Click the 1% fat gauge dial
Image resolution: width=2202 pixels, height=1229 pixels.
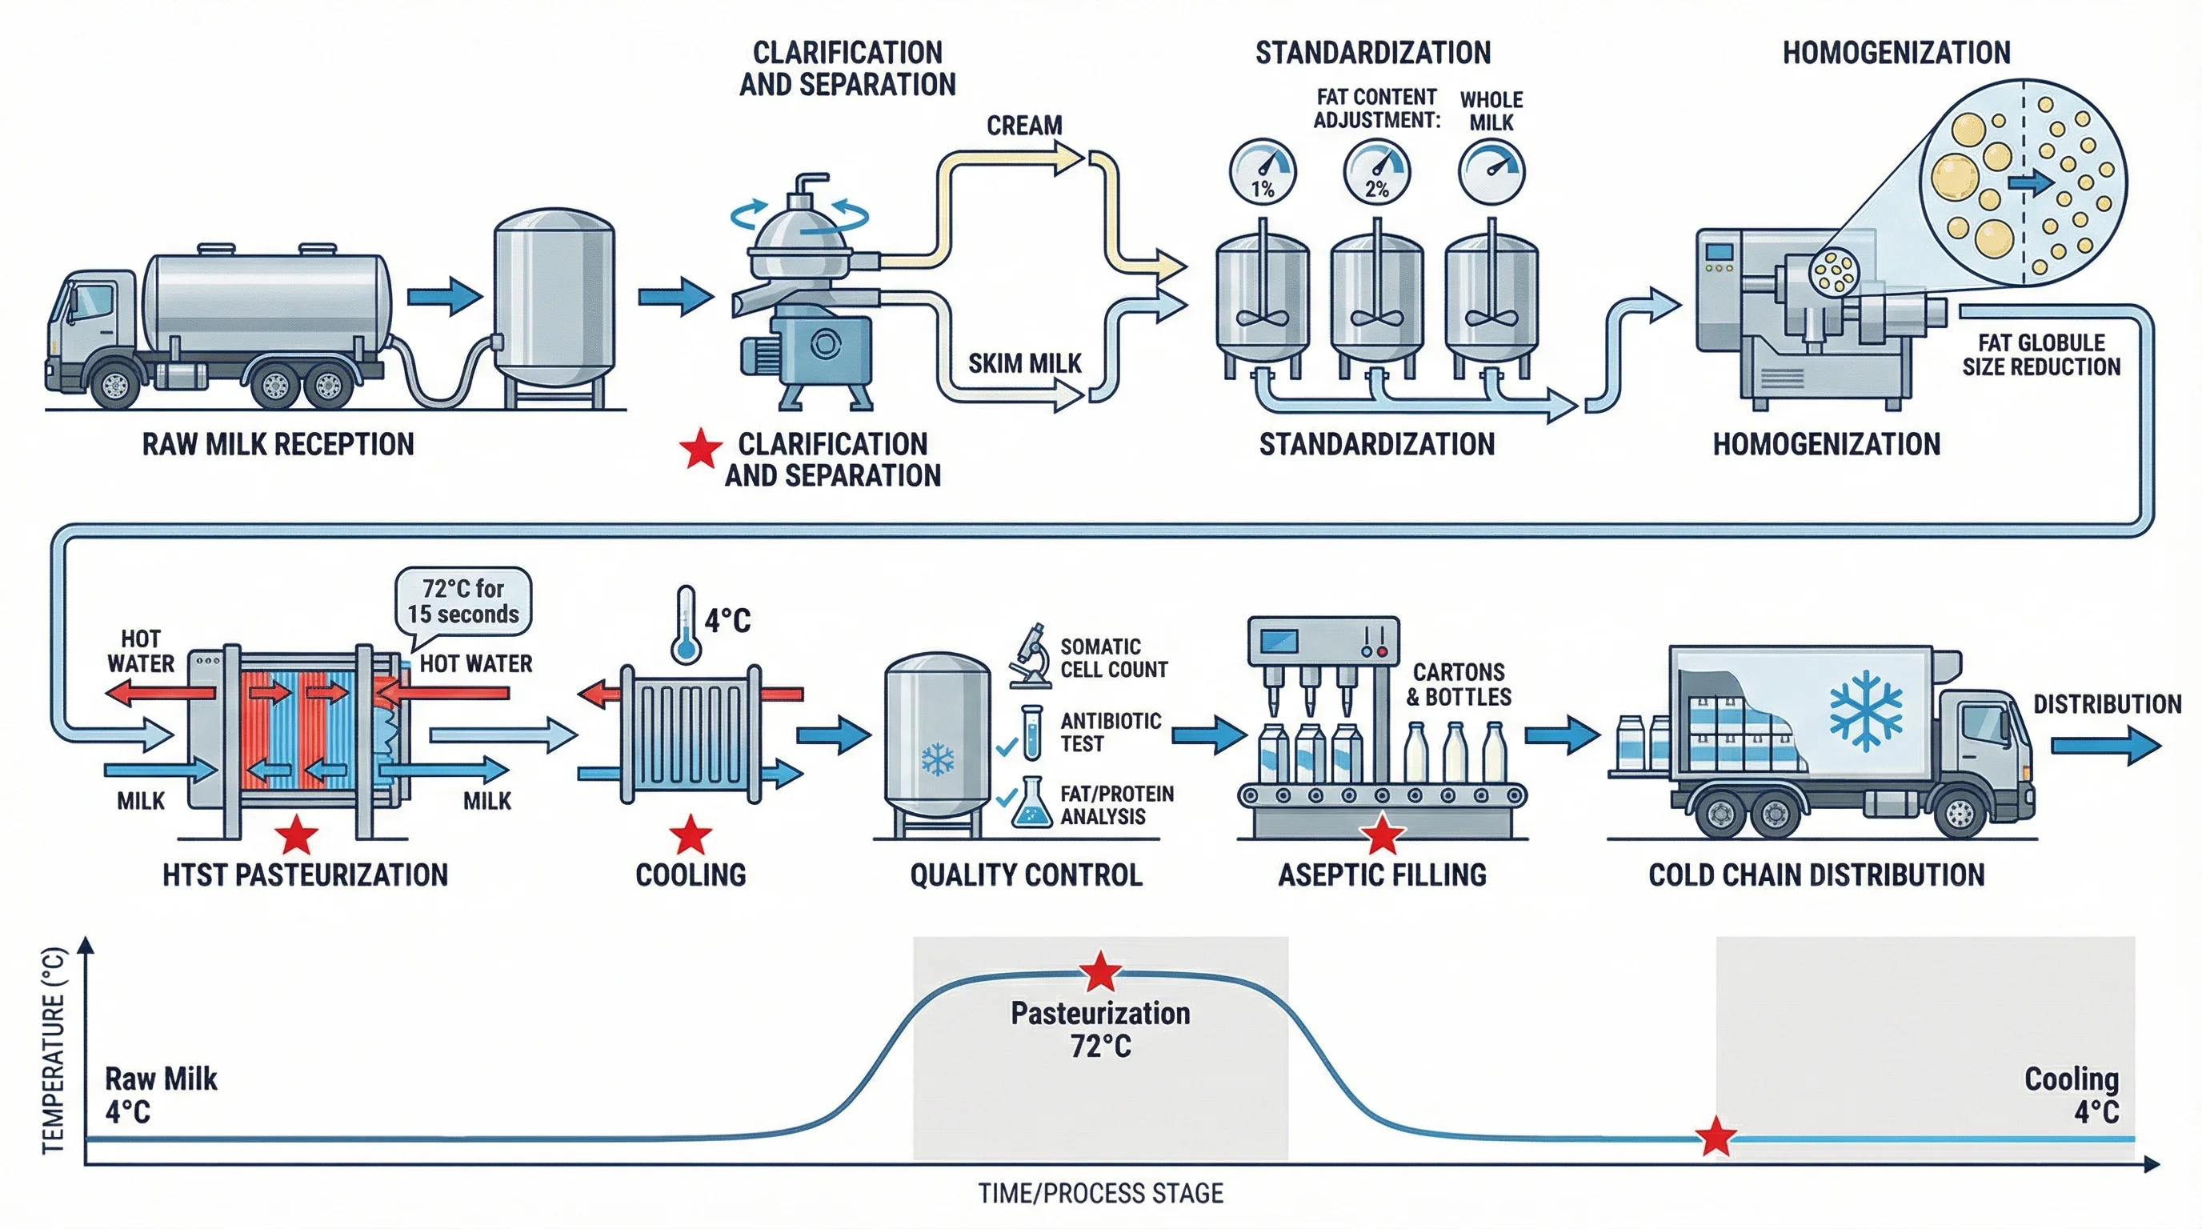pyautogui.click(x=1263, y=172)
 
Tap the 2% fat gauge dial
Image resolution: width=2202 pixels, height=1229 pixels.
pyautogui.click(x=1376, y=172)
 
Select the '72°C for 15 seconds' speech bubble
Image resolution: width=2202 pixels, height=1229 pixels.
pyautogui.click(x=463, y=602)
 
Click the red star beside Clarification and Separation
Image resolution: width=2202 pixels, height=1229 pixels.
pyautogui.click(x=700, y=449)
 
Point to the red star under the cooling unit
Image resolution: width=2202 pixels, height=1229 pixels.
pyautogui.click(x=691, y=835)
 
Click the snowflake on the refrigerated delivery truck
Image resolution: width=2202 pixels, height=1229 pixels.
pyautogui.click(x=1865, y=711)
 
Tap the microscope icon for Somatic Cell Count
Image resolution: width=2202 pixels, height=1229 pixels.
pyautogui.click(x=1031, y=656)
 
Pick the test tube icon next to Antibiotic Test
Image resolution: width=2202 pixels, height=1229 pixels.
pyautogui.click(x=1031, y=732)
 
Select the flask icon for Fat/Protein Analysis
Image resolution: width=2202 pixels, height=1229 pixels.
pyautogui.click(x=1031, y=803)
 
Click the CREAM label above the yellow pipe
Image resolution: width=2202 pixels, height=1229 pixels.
pyautogui.click(x=1024, y=126)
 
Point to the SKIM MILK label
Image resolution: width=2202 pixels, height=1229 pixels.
pyautogui.click(x=1024, y=364)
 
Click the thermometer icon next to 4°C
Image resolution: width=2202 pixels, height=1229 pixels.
pyautogui.click(x=686, y=625)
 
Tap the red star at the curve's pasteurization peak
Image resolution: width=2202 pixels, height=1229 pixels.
pyautogui.click(x=1100, y=971)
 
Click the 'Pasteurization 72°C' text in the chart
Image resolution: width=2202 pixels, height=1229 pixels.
pyautogui.click(x=1100, y=1029)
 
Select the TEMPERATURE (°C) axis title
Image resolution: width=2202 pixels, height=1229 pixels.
pyautogui.click(x=53, y=1051)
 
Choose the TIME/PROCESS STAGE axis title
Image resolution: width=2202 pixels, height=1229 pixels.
pyautogui.click(x=1100, y=1193)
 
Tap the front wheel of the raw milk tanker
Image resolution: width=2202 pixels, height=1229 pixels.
pyautogui.click(x=114, y=386)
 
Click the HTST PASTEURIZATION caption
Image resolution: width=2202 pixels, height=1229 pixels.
pyautogui.click(x=305, y=875)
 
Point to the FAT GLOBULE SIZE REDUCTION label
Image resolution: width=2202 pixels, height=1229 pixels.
pyautogui.click(x=2040, y=354)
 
